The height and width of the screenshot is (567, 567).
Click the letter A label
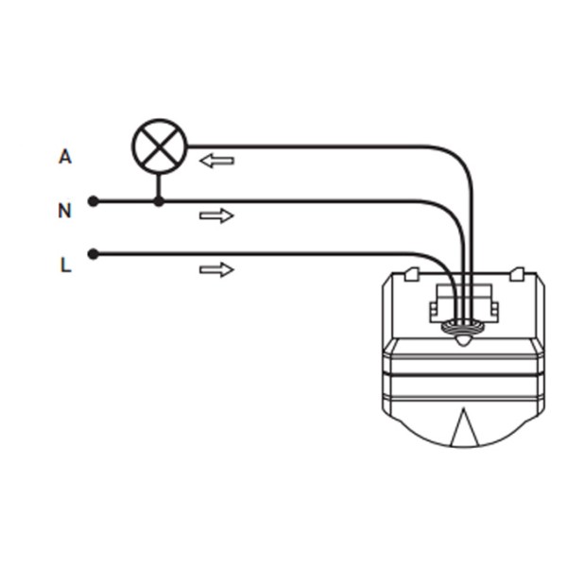coord(64,156)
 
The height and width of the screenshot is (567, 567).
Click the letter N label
coord(64,211)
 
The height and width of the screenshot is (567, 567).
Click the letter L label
coord(65,265)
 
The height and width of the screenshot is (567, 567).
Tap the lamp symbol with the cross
coord(159,146)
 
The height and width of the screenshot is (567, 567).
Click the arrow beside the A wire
coord(216,161)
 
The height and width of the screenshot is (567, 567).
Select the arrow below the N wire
coord(216,215)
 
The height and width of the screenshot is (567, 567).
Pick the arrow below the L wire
coord(216,270)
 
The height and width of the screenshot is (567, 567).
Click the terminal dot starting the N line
coord(93,201)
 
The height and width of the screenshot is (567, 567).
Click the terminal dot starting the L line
coord(93,254)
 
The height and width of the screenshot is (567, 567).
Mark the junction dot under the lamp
coord(159,201)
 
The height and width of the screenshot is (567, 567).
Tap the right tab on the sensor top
coord(516,275)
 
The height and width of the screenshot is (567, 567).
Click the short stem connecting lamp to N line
coord(159,187)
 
